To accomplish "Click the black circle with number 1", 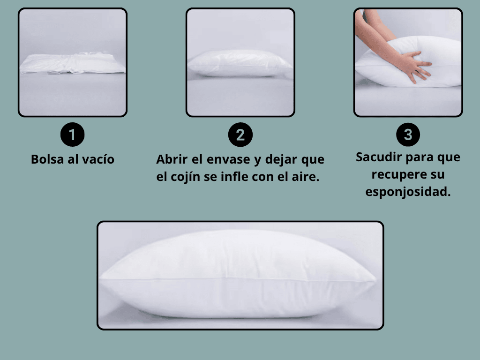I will (x=72, y=135).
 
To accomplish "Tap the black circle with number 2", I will (x=240, y=135).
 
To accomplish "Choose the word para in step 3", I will (x=420, y=157).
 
